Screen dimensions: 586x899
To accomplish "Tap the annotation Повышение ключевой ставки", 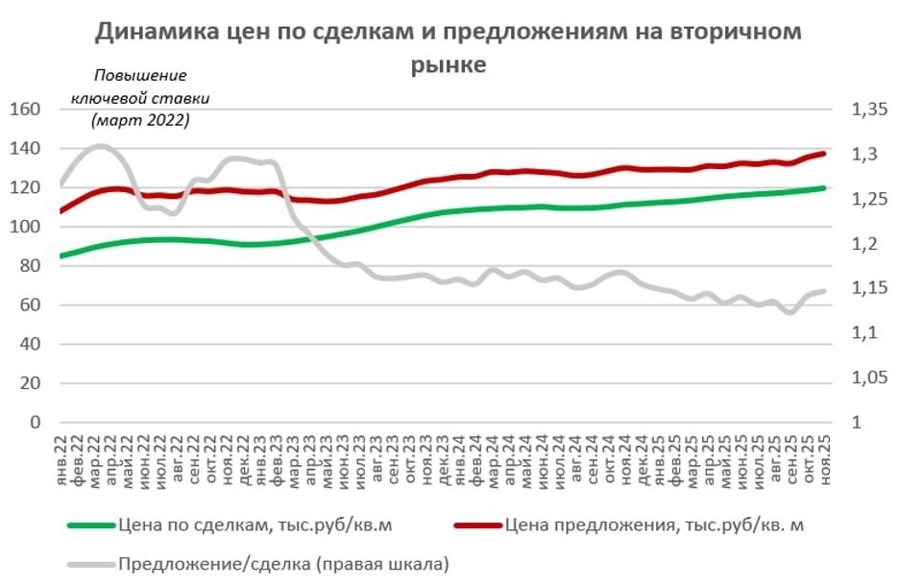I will coord(140,98).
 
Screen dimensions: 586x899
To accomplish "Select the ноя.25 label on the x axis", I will coord(825,456).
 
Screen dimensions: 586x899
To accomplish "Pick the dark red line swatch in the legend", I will coord(477,526).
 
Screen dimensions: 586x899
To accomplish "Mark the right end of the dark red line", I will coord(824,154).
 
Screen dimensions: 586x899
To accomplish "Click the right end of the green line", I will coord(824,188).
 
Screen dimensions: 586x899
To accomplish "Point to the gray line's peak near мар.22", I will coord(100,146).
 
